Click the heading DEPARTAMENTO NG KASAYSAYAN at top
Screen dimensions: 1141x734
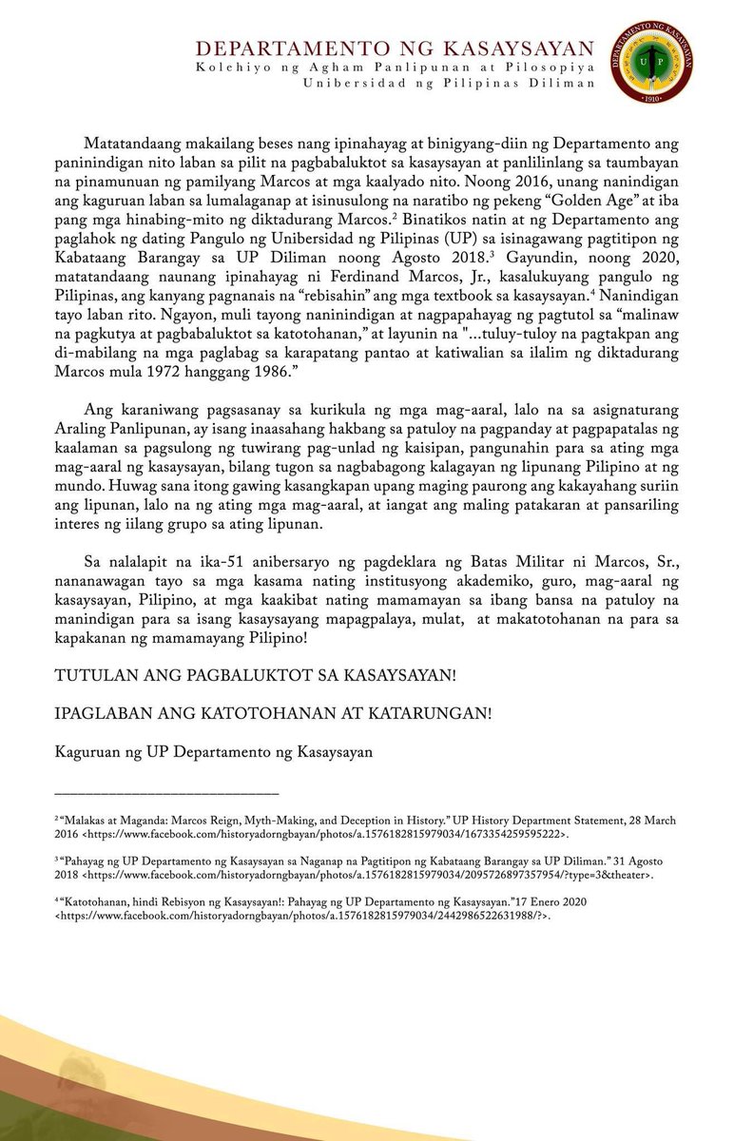pos(393,48)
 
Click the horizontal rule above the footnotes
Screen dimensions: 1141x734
pos(166,793)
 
